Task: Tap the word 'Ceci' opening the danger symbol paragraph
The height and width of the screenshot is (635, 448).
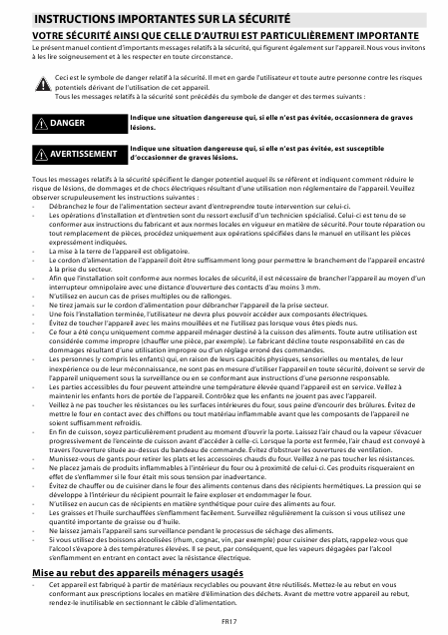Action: tap(63, 75)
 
